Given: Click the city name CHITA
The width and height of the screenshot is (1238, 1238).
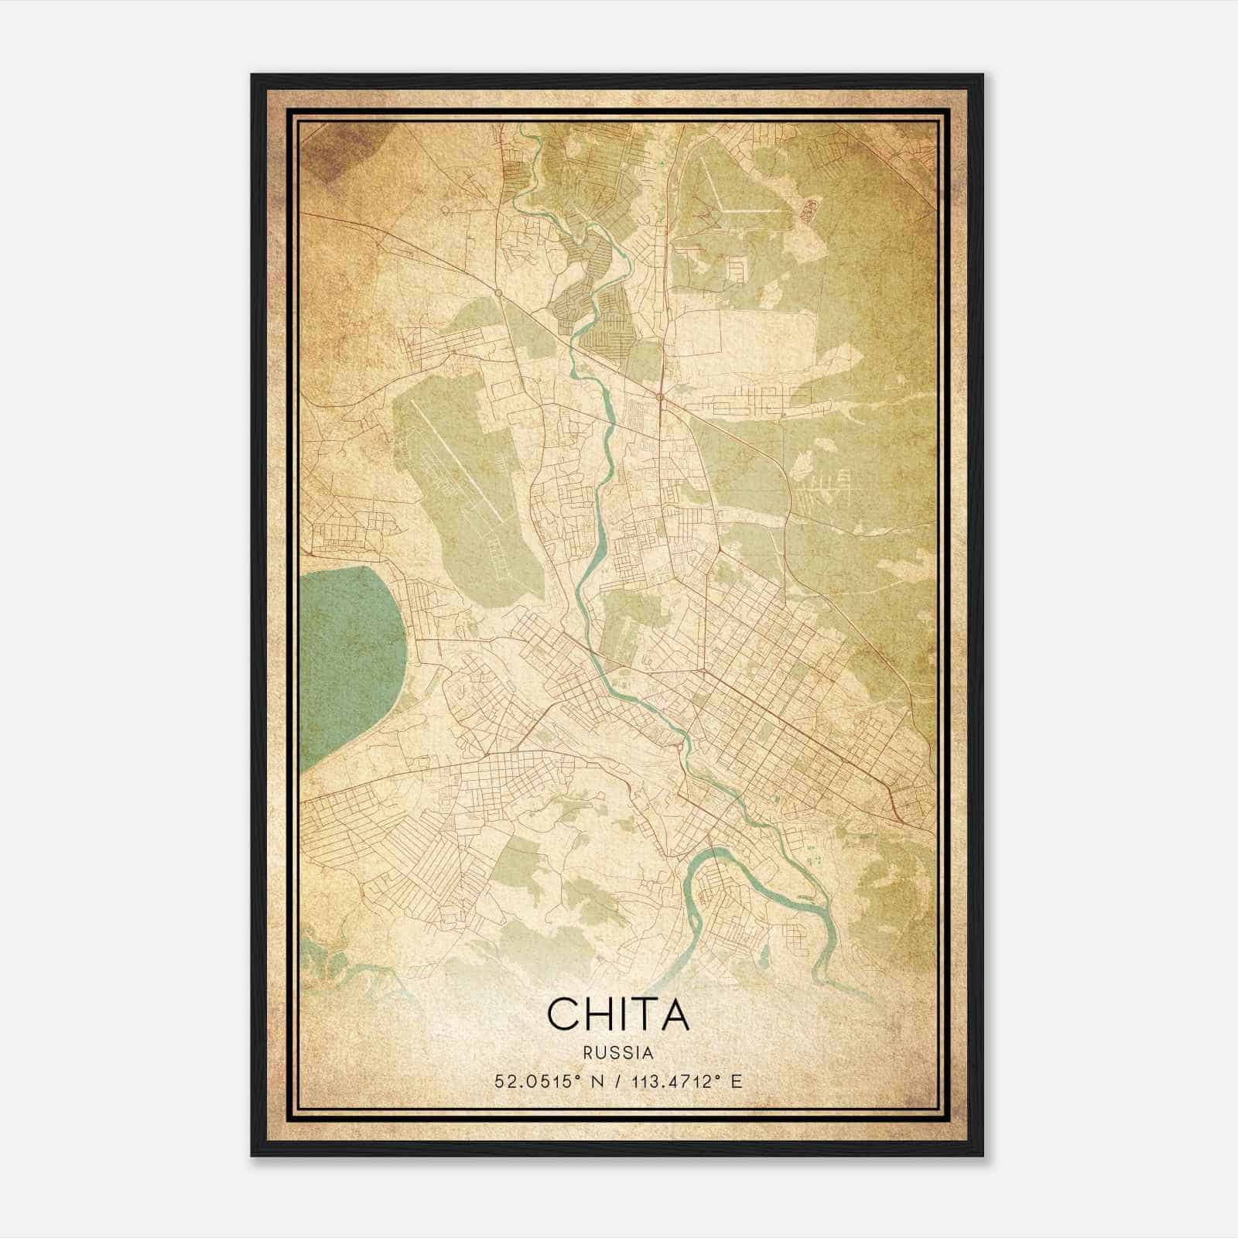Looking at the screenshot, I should [x=617, y=1014].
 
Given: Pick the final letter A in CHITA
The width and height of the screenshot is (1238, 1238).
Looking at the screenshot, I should [x=672, y=1014].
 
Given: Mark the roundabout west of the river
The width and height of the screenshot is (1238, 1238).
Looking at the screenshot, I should [x=498, y=293].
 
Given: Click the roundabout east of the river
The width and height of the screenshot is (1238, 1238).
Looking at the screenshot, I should [x=660, y=398].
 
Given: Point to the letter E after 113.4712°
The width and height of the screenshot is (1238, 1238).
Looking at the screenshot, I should [x=737, y=1081].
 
